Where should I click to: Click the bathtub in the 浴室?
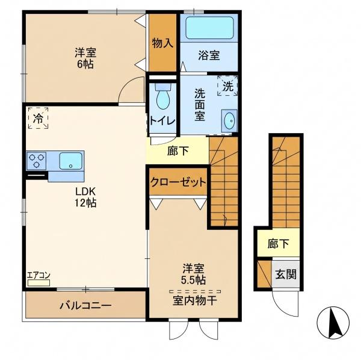pos(209,28)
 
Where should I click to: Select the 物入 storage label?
pos(162,43)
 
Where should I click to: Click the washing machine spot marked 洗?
pos(227,85)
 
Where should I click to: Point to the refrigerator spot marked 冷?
pos(38,119)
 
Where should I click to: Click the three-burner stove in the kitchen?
pos(36,161)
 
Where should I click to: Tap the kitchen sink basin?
pos(70,161)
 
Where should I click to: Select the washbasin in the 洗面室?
pos(229,120)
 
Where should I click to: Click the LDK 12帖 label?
pos(85,197)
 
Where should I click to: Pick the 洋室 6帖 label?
pos(85,58)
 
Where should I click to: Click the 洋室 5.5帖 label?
pos(193,274)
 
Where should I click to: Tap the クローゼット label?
pos(178,182)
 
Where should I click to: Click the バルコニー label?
pos(85,306)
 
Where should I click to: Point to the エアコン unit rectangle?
pos(39,283)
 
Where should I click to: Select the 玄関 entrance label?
pos(286,274)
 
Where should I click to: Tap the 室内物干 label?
pos(194,300)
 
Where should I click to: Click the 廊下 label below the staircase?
pos(278,244)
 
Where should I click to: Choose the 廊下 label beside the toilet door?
pos(177,151)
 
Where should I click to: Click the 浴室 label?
pos(209,55)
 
